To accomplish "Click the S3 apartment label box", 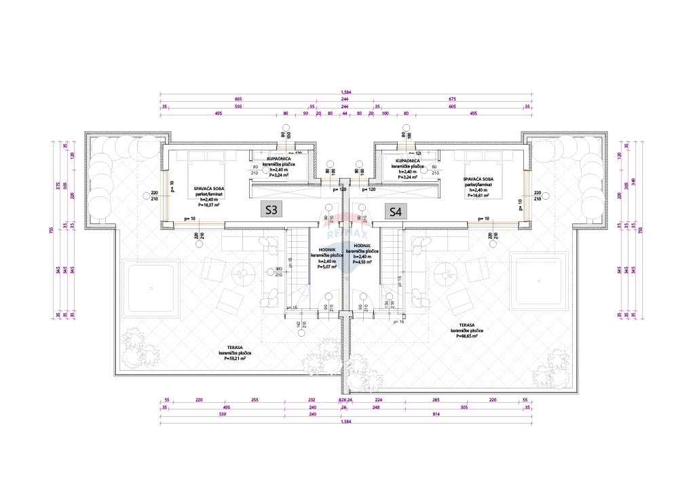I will (x=271, y=210).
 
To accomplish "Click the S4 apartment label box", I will (x=395, y=211).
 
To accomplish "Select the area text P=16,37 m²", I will (x=210, y=204).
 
